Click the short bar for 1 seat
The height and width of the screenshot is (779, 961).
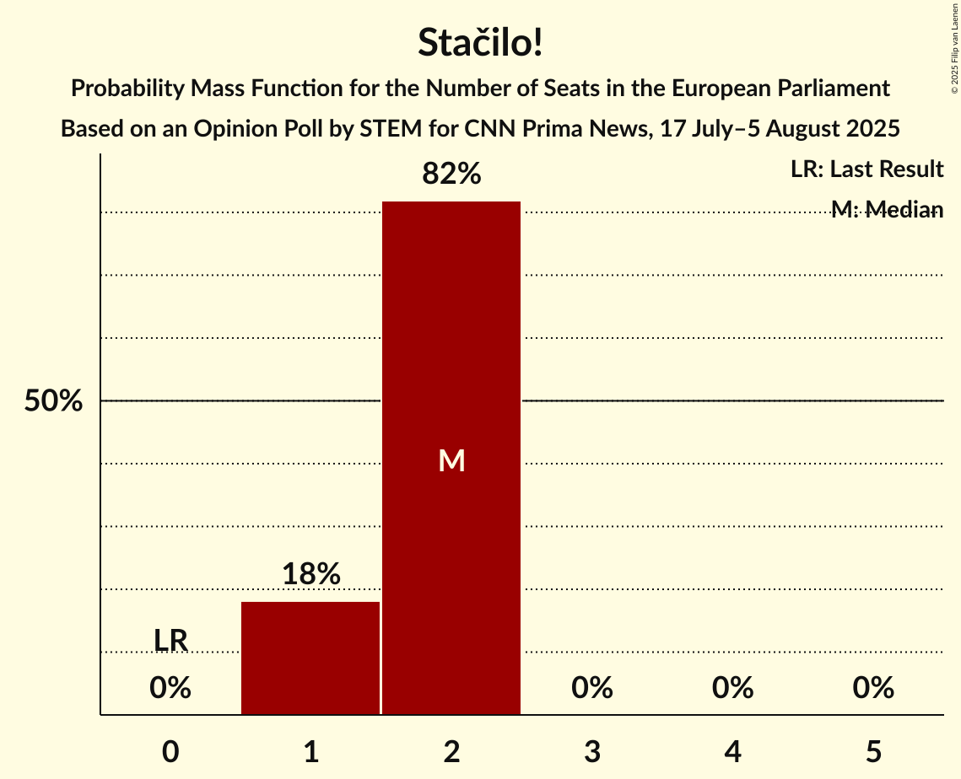click(310, 658)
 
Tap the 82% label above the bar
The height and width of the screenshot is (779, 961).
click(451, 174)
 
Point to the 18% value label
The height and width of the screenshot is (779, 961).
click(310, 574)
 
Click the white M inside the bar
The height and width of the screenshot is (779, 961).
click(451, 460)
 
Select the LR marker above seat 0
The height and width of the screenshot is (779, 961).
click(170, 641)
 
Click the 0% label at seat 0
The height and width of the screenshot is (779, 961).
click(170, 689)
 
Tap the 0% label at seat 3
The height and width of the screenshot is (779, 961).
click(592, 689)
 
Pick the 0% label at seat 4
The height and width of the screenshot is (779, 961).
click(732, 689)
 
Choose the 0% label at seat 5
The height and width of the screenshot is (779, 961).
click(873, 689)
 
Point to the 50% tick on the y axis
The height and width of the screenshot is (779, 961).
click(53, 401)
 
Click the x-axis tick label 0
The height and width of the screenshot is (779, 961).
click(170, 751)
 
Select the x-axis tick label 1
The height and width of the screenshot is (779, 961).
click(310, 751)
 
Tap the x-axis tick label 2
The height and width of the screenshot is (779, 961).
click(451, 751)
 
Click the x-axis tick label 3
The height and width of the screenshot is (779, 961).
click(592, 751)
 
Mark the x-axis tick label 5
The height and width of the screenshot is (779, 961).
click(873, 751)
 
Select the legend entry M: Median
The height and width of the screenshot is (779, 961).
click(887, 210)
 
